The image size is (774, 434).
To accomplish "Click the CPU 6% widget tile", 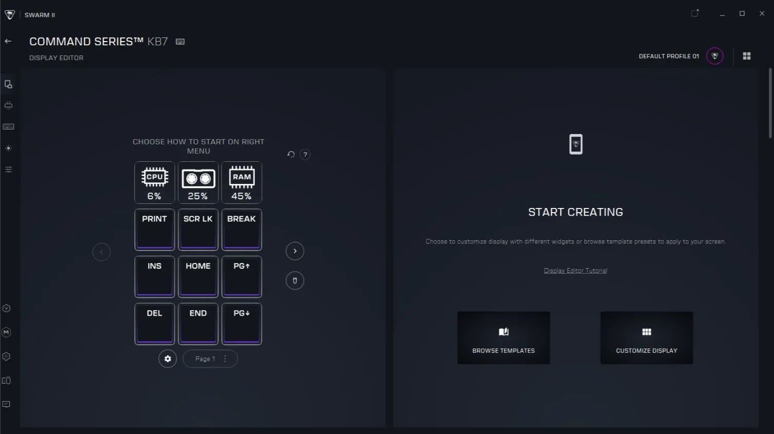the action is click(x=154, y=182).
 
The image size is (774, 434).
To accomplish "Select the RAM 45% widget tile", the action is click(x=242, y=182).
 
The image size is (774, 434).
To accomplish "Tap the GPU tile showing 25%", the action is click(x=198, y=182).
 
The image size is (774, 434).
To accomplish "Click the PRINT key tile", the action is click(x=154, y=230).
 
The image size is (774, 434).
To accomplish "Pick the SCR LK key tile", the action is click(x=198, y=230).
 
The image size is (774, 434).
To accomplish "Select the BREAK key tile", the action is click(x=242, y=230).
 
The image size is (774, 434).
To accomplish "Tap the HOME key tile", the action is click(x=198, y=277).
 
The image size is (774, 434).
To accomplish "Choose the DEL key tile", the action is click(x=154, y=324).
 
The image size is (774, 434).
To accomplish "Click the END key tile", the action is click(x=198, y=324).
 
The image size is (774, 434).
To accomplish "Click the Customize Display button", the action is click(x=646, y=338).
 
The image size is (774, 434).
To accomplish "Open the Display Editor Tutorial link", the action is click(x=575, y=271).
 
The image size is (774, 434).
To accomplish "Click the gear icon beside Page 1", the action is click(x=168, y=359).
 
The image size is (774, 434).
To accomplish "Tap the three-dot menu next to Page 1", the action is click(x=225, y=359).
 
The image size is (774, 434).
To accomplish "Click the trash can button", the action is click(x=295, y=280).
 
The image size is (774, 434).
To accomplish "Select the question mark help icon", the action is click(x=305, y=154).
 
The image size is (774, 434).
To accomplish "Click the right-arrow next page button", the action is click(x=295, y=251).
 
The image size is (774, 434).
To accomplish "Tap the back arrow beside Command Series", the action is click(x=8, y=42).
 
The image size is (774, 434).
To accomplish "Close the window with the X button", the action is click(x=762, y=13).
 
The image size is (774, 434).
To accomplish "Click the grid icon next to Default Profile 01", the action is click(x=747, y=56).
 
